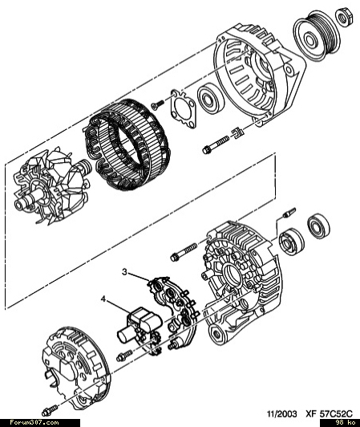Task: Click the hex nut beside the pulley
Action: click(345, 17)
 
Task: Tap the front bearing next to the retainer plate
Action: click(211, 98)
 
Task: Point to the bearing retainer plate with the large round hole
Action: click(183, 108)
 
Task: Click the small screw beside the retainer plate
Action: click(158, 105)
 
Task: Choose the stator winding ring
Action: click(126, 144)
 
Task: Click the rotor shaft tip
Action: click(18, 204)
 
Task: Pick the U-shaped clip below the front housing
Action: click(238, 133)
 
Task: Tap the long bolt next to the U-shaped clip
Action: click(216, 144)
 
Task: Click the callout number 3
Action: click(124, 272)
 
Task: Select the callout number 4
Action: click(103, 299)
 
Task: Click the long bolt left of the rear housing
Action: click(184, 252)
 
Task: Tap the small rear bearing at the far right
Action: click(318, 226)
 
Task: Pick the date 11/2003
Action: click(281, 414)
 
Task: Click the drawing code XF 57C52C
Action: click(329, 414)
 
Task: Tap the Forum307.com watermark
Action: click(34, 423)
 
